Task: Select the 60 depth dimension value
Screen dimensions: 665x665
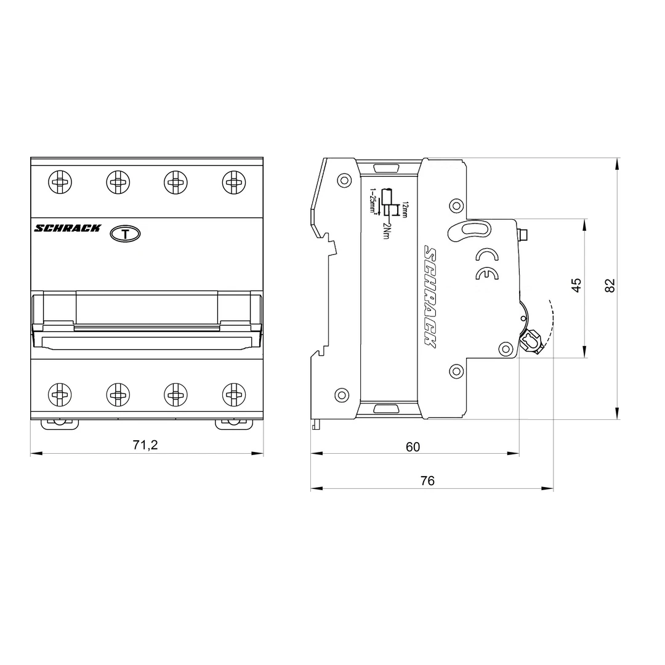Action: [x=413, y=446]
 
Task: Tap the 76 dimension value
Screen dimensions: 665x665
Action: [x=427, y=481]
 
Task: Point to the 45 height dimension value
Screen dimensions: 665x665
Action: [x=576, y=285]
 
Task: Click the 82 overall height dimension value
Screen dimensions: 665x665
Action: [x=610, y=285]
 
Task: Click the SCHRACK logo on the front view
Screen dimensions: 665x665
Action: [x=67, y=228]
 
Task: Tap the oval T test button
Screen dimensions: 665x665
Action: [x=125, y=234]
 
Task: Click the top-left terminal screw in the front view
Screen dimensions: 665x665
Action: [x=60, y=182]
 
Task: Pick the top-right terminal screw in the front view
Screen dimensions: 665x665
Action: [x=233, y=182]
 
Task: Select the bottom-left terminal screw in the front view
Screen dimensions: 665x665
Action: [x=60, y=392]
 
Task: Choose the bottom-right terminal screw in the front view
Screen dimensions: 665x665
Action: [x=233, y=392]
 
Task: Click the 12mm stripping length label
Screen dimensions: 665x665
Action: [x=404, y=209]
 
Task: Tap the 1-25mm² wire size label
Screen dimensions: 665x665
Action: [x=373, y=201]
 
